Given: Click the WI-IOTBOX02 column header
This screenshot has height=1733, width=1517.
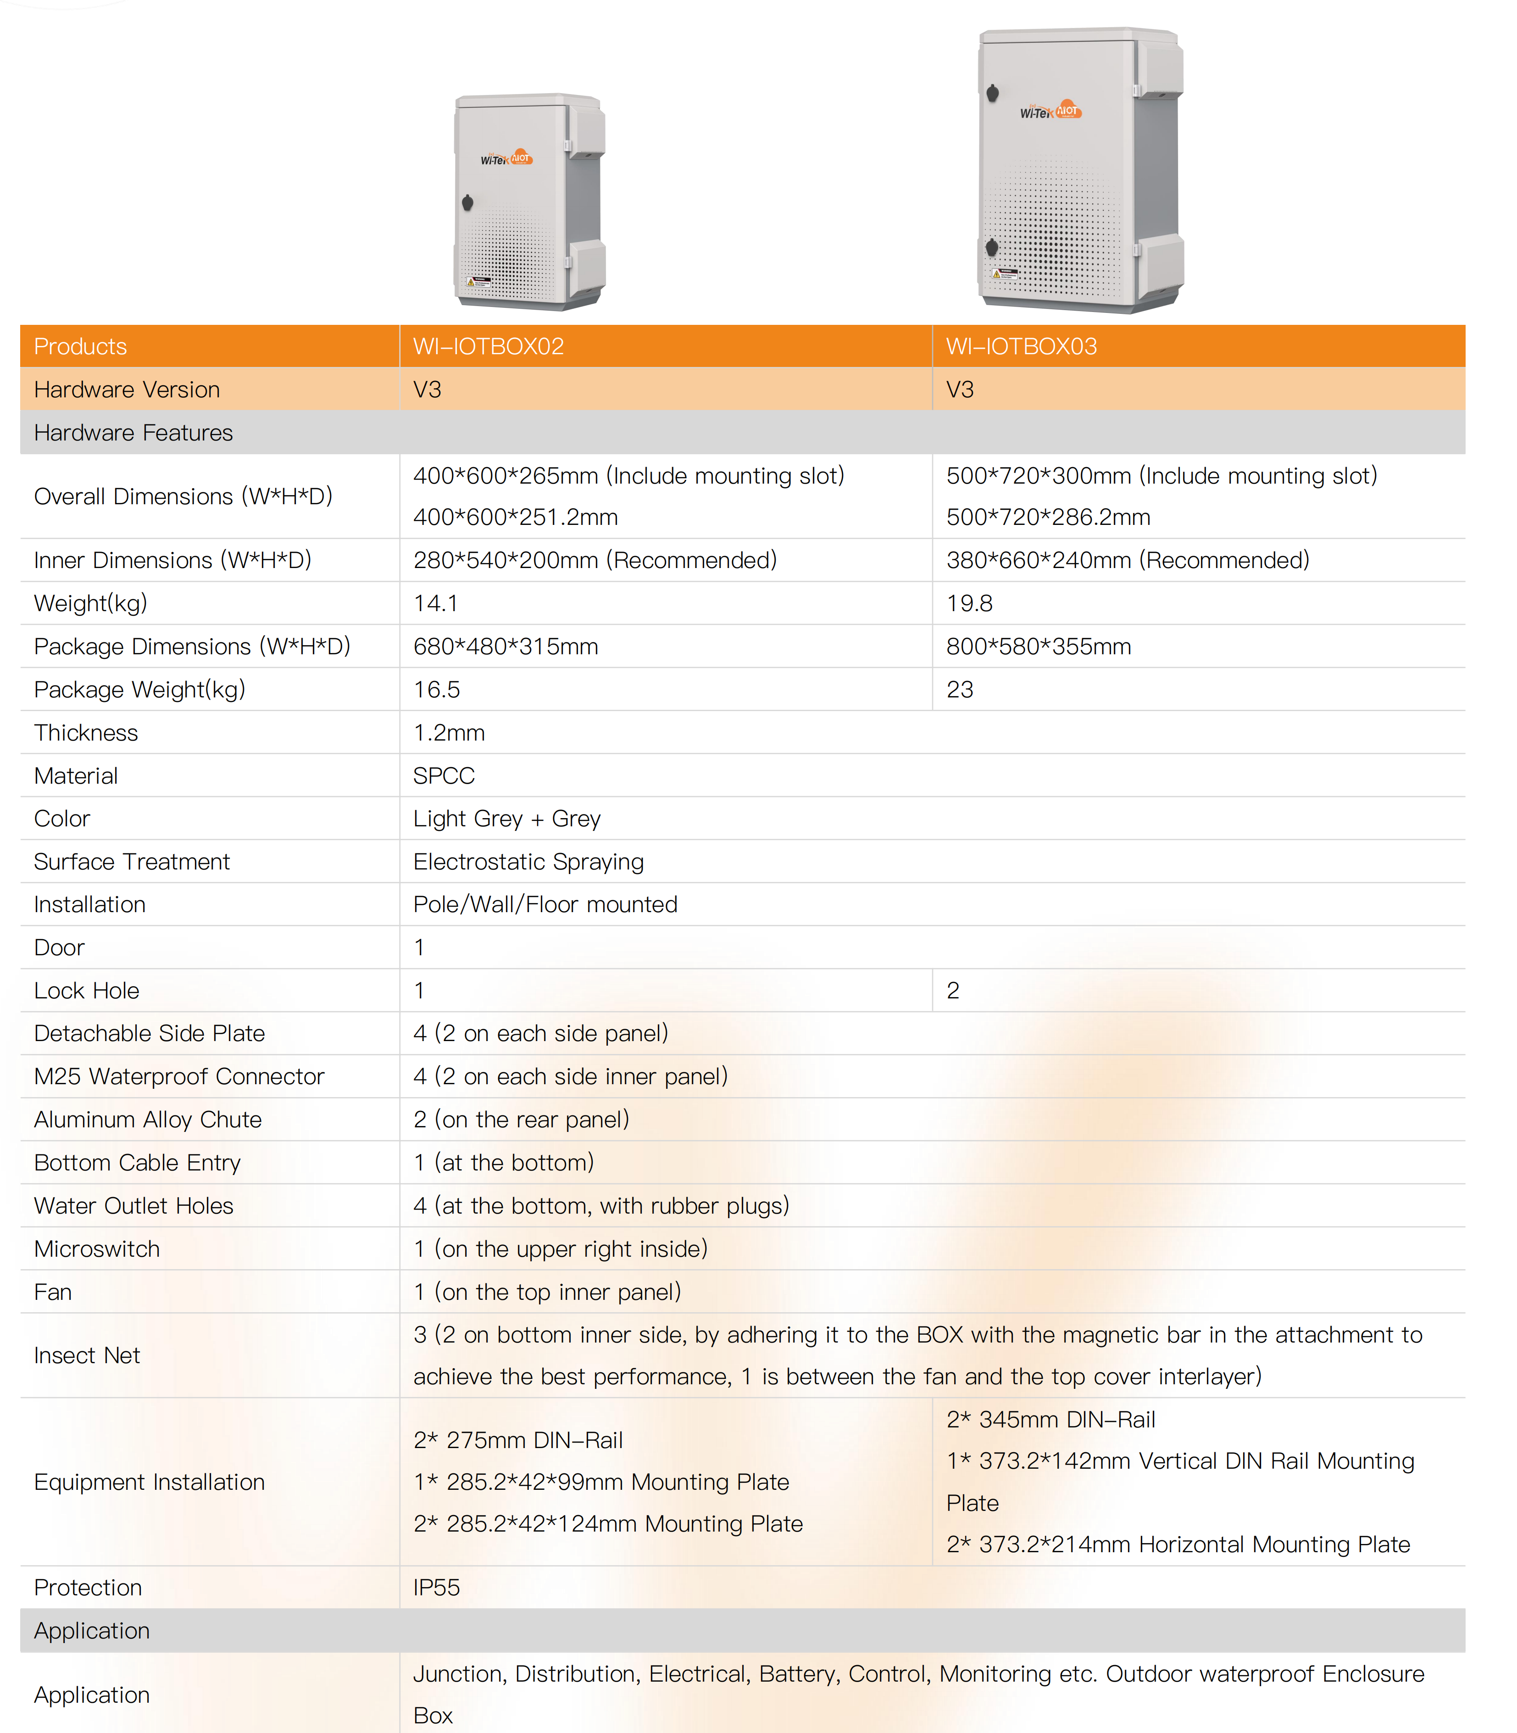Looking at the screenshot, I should coord(489,346).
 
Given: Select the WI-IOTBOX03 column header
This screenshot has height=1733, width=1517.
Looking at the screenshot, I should coord(1021,346).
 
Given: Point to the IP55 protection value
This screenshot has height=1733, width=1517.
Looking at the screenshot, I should coord(436,1588).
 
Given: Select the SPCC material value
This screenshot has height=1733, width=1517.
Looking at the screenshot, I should coord(444,775).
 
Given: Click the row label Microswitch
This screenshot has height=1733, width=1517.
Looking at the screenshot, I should coord(96,1249).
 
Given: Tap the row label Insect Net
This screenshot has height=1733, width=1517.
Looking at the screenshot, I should coord(86,1355).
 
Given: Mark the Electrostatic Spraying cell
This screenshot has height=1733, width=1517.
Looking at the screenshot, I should coord(528,861).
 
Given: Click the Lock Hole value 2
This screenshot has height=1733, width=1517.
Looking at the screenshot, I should coord(953,991).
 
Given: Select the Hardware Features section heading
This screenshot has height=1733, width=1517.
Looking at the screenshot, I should coord(133,433).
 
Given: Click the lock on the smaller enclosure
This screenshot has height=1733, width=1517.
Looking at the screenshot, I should coord(467,202).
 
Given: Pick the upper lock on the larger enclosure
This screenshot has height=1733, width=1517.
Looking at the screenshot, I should coord(993,92).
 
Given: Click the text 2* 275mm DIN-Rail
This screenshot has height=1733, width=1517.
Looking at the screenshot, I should coord(517,1440).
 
